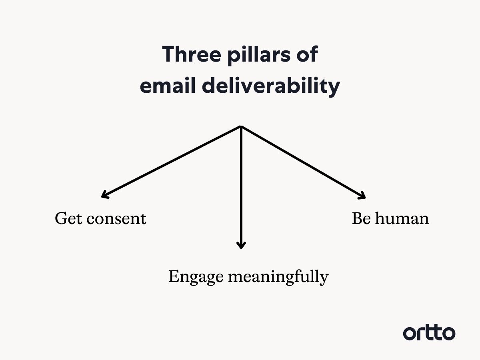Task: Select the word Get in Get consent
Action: [x=66, y=218]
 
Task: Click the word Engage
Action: [x=195, y=277]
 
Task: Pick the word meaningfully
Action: [x=278, y=277]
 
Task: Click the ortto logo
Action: [x=429, y=333]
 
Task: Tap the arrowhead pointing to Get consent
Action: [x=104, y=196]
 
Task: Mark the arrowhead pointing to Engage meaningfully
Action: [x=241, y=245]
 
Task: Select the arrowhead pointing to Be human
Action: [x=362, y=196]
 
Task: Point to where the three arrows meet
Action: [x=241, y=127]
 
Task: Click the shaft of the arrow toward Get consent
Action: [x=172, y=162]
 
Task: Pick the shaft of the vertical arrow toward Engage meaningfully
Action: [x=241, y=184]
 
